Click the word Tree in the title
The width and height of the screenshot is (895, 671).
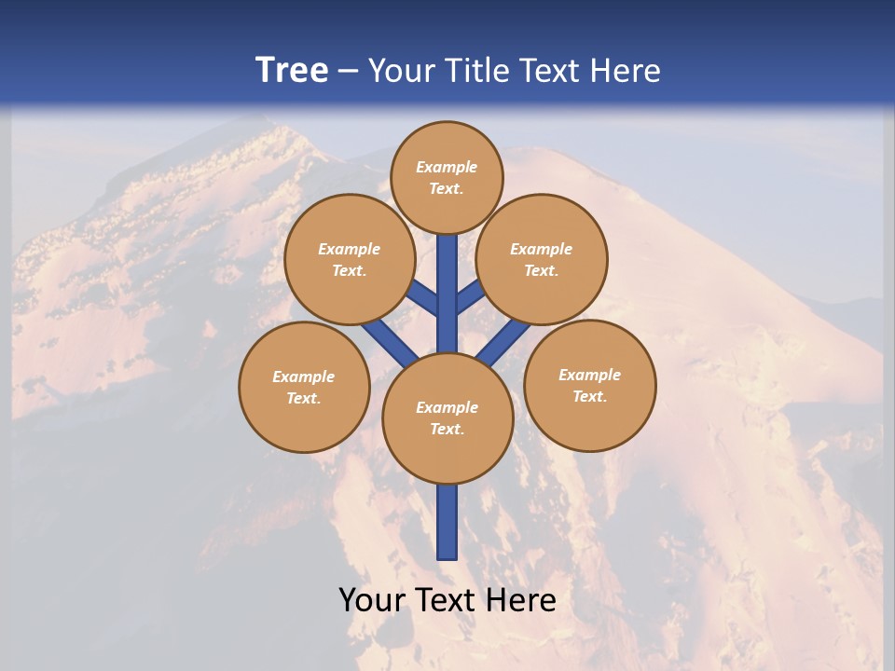pyautogui.click(x=292, y=71)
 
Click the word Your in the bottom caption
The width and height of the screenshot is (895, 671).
pyautogui.click(x=373, y=600)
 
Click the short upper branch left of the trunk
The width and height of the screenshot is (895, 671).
pyautogui.click(x=424, y=298)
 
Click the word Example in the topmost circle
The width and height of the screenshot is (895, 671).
pyautogui.click(x=447, y=168)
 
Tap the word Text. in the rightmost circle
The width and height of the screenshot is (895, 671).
pyautogui.click(x=589, y=397)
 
